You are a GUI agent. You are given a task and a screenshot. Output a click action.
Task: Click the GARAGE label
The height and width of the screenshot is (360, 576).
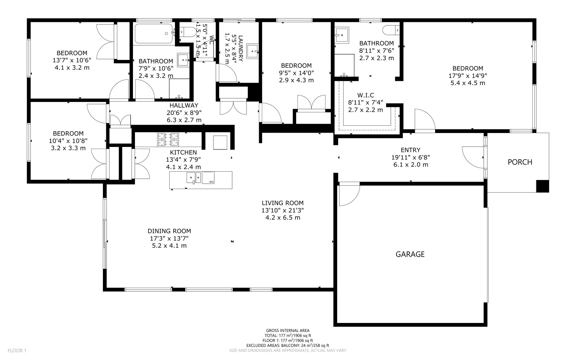tap(410, 254)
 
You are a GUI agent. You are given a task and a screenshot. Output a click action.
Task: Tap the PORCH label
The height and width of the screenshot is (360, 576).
tap(520, 162)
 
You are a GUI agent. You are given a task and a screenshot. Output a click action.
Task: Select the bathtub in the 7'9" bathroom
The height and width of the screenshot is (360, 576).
tap(154, 34)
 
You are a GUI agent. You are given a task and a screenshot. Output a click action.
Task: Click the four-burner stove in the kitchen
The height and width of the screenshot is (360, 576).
tap(168, 139)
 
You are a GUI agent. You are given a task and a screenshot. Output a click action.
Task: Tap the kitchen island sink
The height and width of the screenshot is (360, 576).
tap(193, 178)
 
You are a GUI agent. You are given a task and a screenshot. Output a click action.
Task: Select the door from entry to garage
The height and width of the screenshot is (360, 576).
tap(348, 195)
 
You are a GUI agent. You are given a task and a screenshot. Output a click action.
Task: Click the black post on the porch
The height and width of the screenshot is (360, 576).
tap(542, 186)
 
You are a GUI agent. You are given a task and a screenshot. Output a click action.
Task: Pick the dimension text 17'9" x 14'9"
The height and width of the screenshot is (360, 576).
tap(467, 76)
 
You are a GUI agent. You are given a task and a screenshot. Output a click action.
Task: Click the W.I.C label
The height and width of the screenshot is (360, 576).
tap(365, 95)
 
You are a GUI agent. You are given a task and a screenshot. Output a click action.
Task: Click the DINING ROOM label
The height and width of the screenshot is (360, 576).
tap(169, 231)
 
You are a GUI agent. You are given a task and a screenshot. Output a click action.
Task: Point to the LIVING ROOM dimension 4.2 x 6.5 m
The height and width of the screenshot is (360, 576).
tap(283, 218)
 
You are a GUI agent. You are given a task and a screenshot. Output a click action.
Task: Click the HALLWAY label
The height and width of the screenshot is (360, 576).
tap(184, 105)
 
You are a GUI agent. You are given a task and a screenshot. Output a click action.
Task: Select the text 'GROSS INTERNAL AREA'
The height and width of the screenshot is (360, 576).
tap(288, 331)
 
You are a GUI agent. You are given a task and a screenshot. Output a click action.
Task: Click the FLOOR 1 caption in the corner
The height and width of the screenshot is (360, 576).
tap(17, 350)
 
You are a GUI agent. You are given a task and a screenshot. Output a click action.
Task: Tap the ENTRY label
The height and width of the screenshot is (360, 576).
tap(410, 150)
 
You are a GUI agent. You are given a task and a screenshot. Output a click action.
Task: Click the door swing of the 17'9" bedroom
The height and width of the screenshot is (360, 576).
tap(425, 120)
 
